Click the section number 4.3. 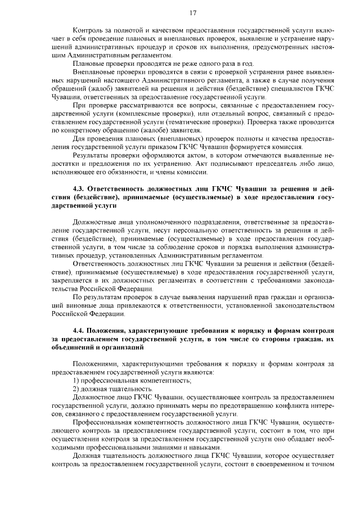(x=80, y=188)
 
